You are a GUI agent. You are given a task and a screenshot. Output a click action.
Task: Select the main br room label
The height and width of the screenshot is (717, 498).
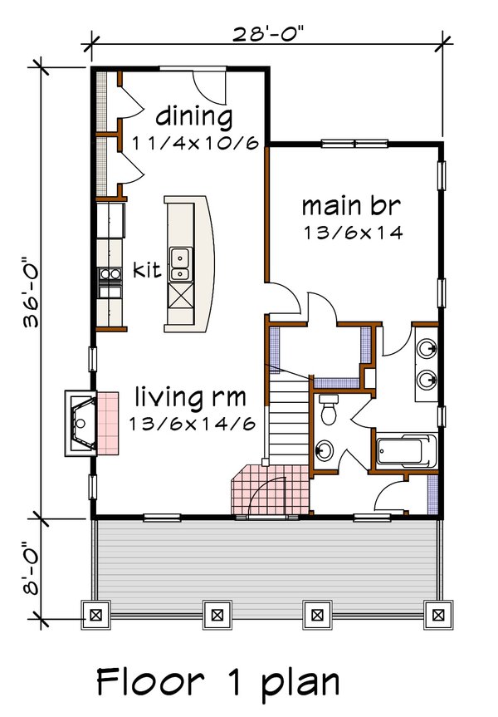tap(352, 205)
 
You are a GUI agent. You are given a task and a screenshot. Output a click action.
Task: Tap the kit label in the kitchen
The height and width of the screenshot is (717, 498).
tap(146, 271)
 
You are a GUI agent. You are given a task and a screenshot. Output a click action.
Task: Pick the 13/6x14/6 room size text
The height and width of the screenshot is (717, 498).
tap(191, 422)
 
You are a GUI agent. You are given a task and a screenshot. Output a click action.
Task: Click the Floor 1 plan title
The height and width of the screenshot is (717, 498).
tap(217, 682)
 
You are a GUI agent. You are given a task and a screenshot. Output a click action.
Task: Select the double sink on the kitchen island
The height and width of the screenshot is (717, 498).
tap(179, 264)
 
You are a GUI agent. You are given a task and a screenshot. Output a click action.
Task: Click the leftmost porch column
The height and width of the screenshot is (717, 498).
tap(95, 615)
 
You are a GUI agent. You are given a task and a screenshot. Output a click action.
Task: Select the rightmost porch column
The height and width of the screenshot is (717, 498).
tap(436, 615)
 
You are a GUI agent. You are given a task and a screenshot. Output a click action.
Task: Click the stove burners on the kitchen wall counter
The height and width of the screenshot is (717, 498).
tap(108, 282)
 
